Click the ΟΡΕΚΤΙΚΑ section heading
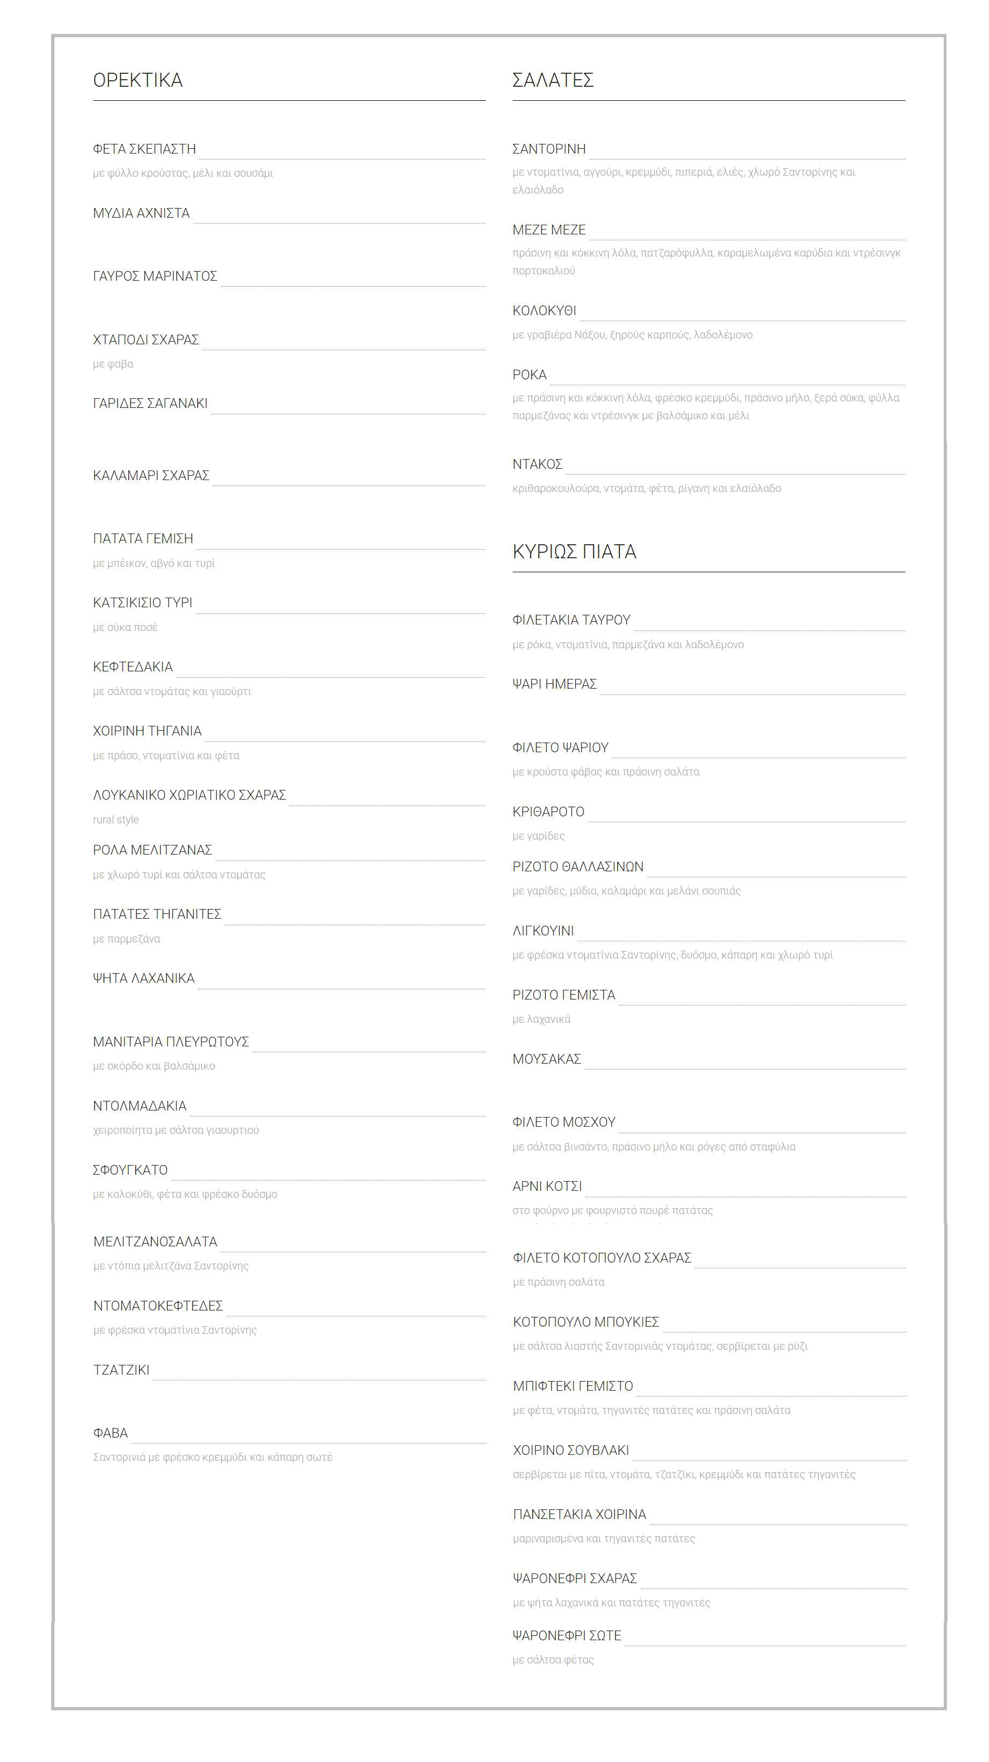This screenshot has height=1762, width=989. point(137,80)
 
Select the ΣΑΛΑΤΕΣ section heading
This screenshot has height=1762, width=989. point(553,80)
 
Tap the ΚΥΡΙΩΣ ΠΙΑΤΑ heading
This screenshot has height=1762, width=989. point(574,551)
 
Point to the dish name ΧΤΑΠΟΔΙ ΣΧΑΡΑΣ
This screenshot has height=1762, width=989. point(145,340)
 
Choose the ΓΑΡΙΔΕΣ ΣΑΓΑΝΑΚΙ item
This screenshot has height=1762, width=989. point(150,404)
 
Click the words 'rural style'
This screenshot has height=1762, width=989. point(116,820)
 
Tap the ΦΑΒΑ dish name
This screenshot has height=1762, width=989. point(110,1433)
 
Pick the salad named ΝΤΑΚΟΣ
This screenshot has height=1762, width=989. point(537,464)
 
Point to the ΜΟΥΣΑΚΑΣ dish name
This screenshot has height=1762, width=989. point(546,1059)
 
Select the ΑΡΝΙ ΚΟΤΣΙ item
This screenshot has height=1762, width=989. point(546,1186)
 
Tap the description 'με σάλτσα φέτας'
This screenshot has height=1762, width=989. point(553,1660)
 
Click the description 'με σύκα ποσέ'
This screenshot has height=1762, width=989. point(125,627)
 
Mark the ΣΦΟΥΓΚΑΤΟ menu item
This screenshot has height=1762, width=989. point(130,1170)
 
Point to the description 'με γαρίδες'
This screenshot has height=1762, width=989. point(538,836)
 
